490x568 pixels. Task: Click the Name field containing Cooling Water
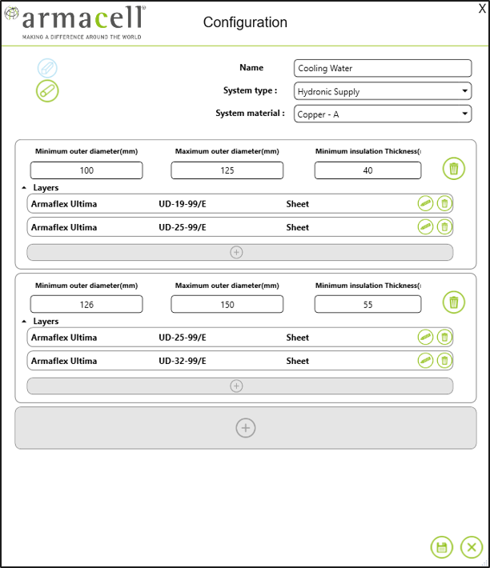[383, 68]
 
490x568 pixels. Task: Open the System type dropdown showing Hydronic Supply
[383, 91]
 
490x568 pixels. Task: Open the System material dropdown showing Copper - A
[383, 114]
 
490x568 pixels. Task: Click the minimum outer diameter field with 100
[86, 170]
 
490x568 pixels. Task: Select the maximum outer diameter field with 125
[227, 170]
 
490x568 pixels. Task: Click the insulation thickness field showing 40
[367, 170]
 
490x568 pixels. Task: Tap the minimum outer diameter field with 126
[86, 304]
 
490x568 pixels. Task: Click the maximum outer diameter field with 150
[227, 304]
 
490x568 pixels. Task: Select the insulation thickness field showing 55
[367, 304]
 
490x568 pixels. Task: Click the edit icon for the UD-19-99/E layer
[425, 204]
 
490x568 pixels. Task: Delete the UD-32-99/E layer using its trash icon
[444, 361]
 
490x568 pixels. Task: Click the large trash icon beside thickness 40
[454, 169]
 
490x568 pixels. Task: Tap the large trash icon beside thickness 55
[454, 302]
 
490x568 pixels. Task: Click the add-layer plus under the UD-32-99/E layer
[236, 386]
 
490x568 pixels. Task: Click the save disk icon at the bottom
[441, 547]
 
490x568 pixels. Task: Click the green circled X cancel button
[471, 547]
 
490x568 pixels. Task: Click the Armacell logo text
[83, 20]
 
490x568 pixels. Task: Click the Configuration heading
[245, 22]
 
